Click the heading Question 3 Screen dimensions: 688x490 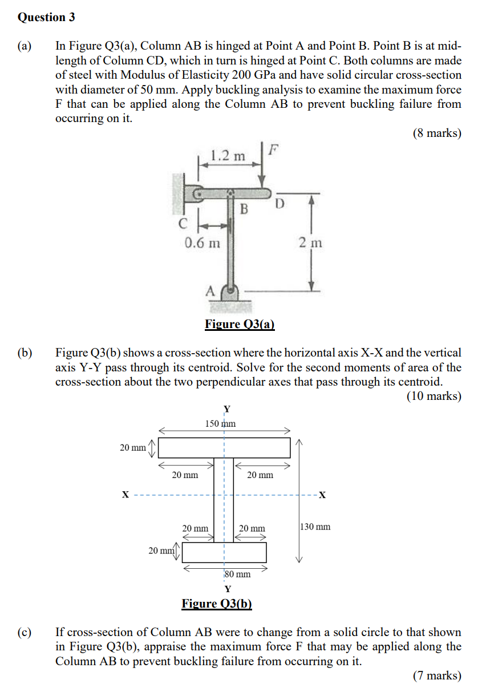point(46,17)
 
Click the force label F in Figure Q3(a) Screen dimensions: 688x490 point(274,151)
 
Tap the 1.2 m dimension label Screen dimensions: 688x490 point(227,156)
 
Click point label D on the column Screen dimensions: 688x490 point(280,204)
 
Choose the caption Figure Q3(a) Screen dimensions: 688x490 point(240,325)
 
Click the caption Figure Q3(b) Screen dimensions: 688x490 point(217,604)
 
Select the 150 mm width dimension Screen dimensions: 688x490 point(220,423)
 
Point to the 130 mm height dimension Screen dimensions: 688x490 point(315,527)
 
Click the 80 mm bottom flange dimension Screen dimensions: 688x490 point(237,574)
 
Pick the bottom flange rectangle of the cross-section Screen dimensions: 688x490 point(224,552)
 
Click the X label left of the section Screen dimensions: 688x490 point(125,494)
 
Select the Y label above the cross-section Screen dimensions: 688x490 point(227,408)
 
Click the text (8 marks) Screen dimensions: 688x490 point(436,133)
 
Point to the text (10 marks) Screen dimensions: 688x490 point(434,396)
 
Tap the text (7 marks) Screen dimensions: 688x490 point(436,675)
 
